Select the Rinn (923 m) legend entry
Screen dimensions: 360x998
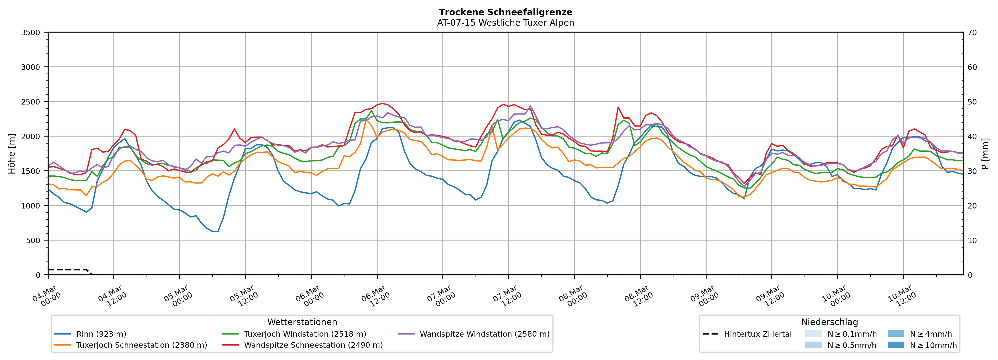pos(101,334)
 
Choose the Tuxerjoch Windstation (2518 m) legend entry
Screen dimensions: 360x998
pos(305,334)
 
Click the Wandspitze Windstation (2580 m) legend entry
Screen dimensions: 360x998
pos(484,334)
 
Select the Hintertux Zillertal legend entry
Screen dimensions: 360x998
pos(757,334)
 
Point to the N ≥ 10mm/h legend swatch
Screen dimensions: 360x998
pos(895,345)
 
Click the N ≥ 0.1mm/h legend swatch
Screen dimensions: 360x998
pos(813,334)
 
